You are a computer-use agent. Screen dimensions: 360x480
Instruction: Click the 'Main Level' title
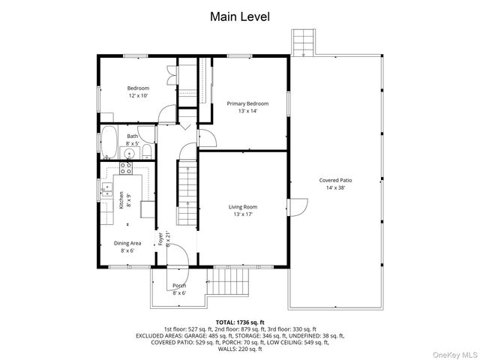coord(239,16)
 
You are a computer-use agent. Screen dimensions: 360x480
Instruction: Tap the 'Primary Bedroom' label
coord(247,103)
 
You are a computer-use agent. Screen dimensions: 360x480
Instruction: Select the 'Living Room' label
coord(243,206)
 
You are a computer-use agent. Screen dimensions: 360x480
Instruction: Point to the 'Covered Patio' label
coord(335,180)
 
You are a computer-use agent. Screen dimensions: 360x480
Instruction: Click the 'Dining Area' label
coord(127,243)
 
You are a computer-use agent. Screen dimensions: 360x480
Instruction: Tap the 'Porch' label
coord(179,286)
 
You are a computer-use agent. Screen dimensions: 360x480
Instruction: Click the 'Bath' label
coord(132,136)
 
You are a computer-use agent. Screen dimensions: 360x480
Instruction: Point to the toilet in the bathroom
coord(147,152)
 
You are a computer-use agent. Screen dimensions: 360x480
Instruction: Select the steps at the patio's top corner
coord(302,43)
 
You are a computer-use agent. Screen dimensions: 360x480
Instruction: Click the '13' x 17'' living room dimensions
coord(243,214)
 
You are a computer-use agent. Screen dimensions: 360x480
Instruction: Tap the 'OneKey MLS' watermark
coord(454,351)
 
